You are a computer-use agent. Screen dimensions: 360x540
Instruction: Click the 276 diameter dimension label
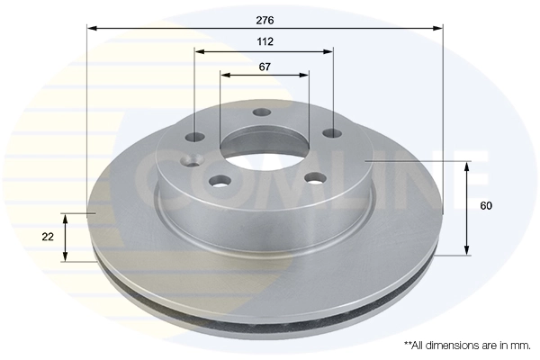(264, 19)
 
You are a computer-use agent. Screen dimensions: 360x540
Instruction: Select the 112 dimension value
(264, 42)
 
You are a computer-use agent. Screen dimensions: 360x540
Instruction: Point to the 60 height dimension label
(486, 206)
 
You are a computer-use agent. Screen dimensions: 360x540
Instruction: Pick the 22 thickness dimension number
(48, 237)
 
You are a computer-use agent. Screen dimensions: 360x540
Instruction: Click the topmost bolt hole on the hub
(262, 112)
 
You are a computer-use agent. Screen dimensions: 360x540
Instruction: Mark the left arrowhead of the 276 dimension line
(91, 28)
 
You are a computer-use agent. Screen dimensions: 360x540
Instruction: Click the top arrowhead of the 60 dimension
(466, 166)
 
